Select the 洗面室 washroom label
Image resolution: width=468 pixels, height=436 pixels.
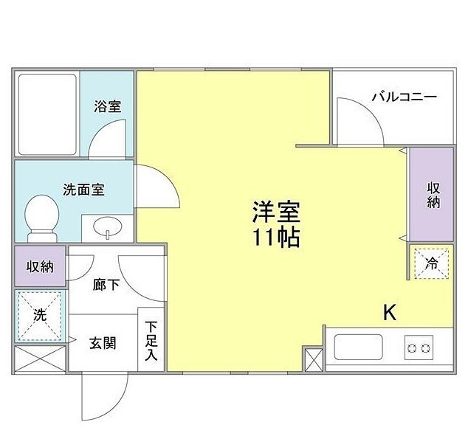tap(83, 189)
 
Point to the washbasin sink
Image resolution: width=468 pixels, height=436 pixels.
tap(107, 228)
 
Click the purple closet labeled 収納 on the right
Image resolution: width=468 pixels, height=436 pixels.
tap(432, 194)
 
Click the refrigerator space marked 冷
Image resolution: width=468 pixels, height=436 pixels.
tap(431, 261)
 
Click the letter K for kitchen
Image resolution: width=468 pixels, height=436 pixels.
tap(389, 312)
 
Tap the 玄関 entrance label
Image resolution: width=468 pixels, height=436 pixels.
tap(102, 342)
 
